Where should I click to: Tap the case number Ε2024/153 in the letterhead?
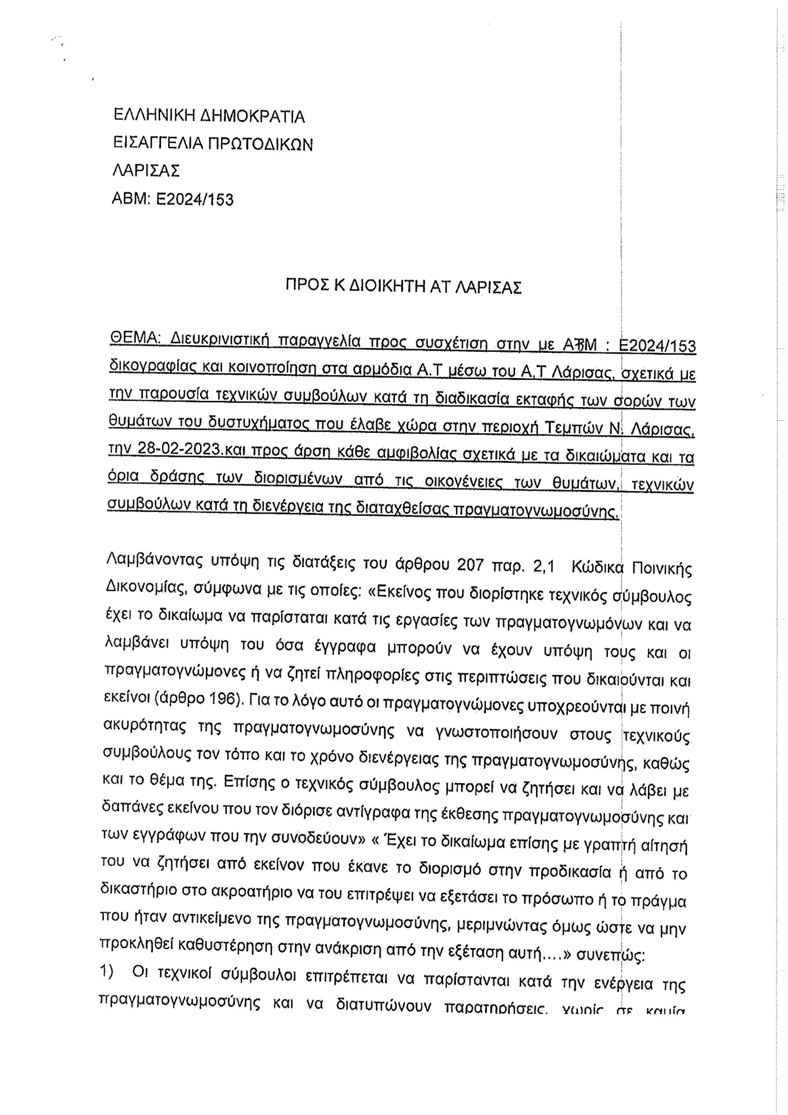[194, 199]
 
